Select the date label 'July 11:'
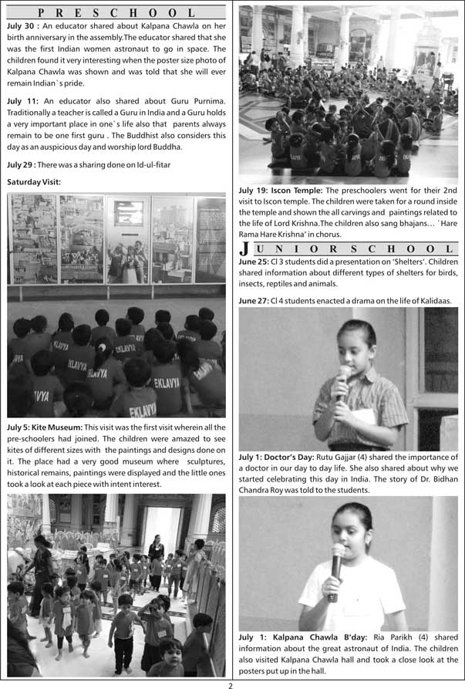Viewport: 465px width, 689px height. click(22, 101)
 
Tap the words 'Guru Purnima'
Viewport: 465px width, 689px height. click(196, 101)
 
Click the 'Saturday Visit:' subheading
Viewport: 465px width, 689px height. click(33, 182)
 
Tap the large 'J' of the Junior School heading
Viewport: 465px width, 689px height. click(244, 248)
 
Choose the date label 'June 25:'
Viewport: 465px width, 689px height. click(254, 262)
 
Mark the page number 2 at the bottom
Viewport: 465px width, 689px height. click(230, 684)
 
